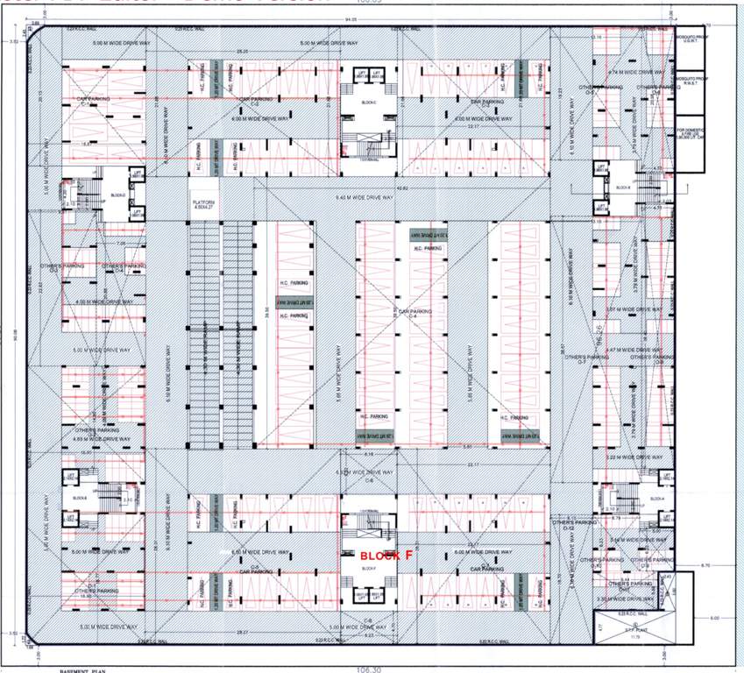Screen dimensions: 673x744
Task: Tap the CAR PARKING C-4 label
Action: pos(415,312)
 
